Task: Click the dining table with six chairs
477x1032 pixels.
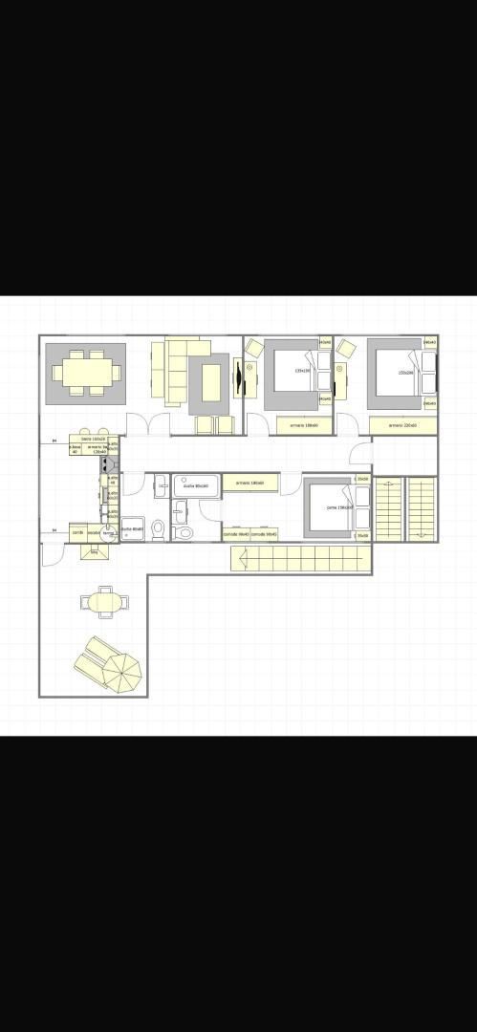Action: (x=85, y=372)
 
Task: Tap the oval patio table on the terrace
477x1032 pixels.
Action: (x=104, y=602)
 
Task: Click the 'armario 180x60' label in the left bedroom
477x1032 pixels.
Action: (x=305, y=424)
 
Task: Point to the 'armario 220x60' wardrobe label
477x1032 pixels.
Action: (x=402, y=424)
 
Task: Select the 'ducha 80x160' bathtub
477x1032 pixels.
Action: (x=196, y=485)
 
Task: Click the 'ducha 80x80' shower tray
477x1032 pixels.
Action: (x=132, y=529)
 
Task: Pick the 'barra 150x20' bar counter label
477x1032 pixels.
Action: (x=93, y=438)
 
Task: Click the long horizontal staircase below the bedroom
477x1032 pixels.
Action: (x=299, y=558)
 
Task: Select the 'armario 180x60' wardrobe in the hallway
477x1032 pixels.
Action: (x=250, y=483)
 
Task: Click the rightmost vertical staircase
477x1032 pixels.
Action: (x=421, y=509)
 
